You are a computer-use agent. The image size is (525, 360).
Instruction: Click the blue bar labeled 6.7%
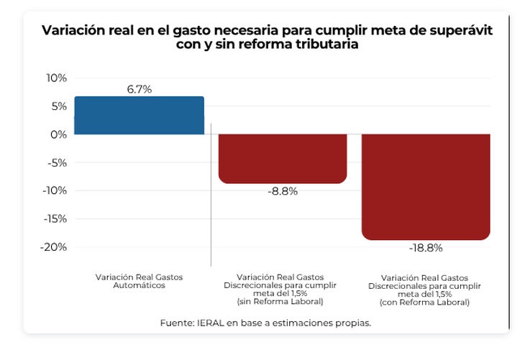click(139, 115)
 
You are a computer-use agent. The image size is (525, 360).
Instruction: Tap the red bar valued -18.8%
click(426, 186)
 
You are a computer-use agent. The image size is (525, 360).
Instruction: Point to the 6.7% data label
click(139, 90)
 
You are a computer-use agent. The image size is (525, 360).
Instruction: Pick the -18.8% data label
click(426, 248)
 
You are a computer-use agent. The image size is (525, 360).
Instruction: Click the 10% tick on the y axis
click(56, 78)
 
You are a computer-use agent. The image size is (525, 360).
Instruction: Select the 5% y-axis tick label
click(58, 106)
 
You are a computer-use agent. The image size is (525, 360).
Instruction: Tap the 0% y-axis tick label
click(58, 134)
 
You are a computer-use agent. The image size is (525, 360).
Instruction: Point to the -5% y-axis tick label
click(57, 162)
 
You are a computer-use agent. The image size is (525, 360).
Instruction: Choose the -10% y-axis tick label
click(55, 190)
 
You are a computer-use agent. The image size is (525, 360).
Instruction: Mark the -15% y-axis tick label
click(55, 219)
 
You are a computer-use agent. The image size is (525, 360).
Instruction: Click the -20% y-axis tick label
click(55, 247)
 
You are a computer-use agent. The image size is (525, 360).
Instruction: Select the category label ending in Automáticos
click(139, 281)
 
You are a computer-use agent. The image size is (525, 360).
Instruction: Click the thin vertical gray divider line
click(211, 194)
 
